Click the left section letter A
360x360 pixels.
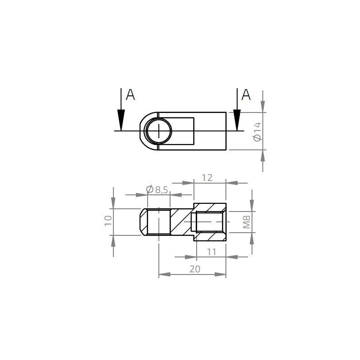130,94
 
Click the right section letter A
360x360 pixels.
246,94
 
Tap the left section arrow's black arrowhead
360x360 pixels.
121,120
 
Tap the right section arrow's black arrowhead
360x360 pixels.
236,120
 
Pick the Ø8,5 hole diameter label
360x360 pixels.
157,190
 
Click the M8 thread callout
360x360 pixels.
246,222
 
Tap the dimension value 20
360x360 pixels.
194,269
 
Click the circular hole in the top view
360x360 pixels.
159,131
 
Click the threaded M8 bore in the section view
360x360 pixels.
209,221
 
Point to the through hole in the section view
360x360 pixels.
159,221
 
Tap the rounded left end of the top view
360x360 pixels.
141,131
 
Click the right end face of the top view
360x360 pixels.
226,131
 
